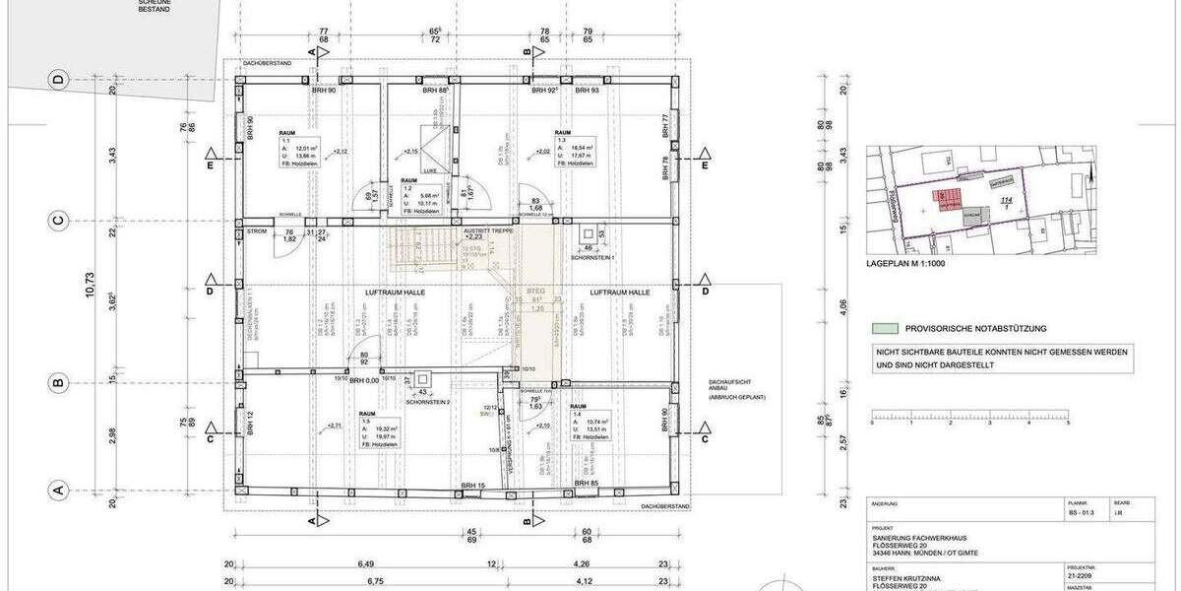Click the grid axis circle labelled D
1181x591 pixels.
coord(59,80)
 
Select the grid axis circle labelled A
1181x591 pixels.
coord(59,489)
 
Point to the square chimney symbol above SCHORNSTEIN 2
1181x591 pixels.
coord(424,378)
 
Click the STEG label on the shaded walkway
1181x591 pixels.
coord(536,292)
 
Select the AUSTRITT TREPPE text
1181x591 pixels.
coord(488,230)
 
